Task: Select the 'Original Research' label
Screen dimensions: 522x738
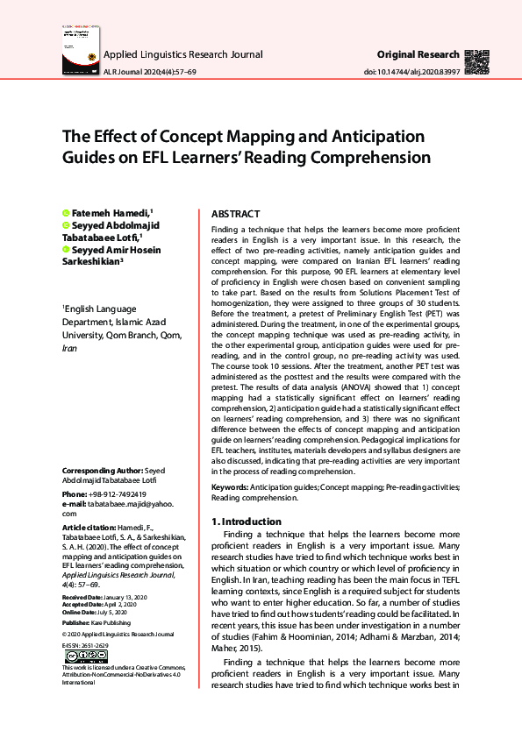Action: pyautogui.click(x=417, y=54)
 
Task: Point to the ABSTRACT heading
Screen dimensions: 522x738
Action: pyautogui.click(x=236, y=214)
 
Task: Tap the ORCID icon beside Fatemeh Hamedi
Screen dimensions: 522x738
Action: pyautogui.click(x=66, y=213)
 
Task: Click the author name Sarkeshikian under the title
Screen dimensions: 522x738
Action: pyautogui.click(x=91, y=260)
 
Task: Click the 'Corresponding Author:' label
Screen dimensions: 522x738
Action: pyautogui.click(x=101, y=471)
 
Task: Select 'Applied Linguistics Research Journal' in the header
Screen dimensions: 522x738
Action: pyautogui.click(x=175, y=54)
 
